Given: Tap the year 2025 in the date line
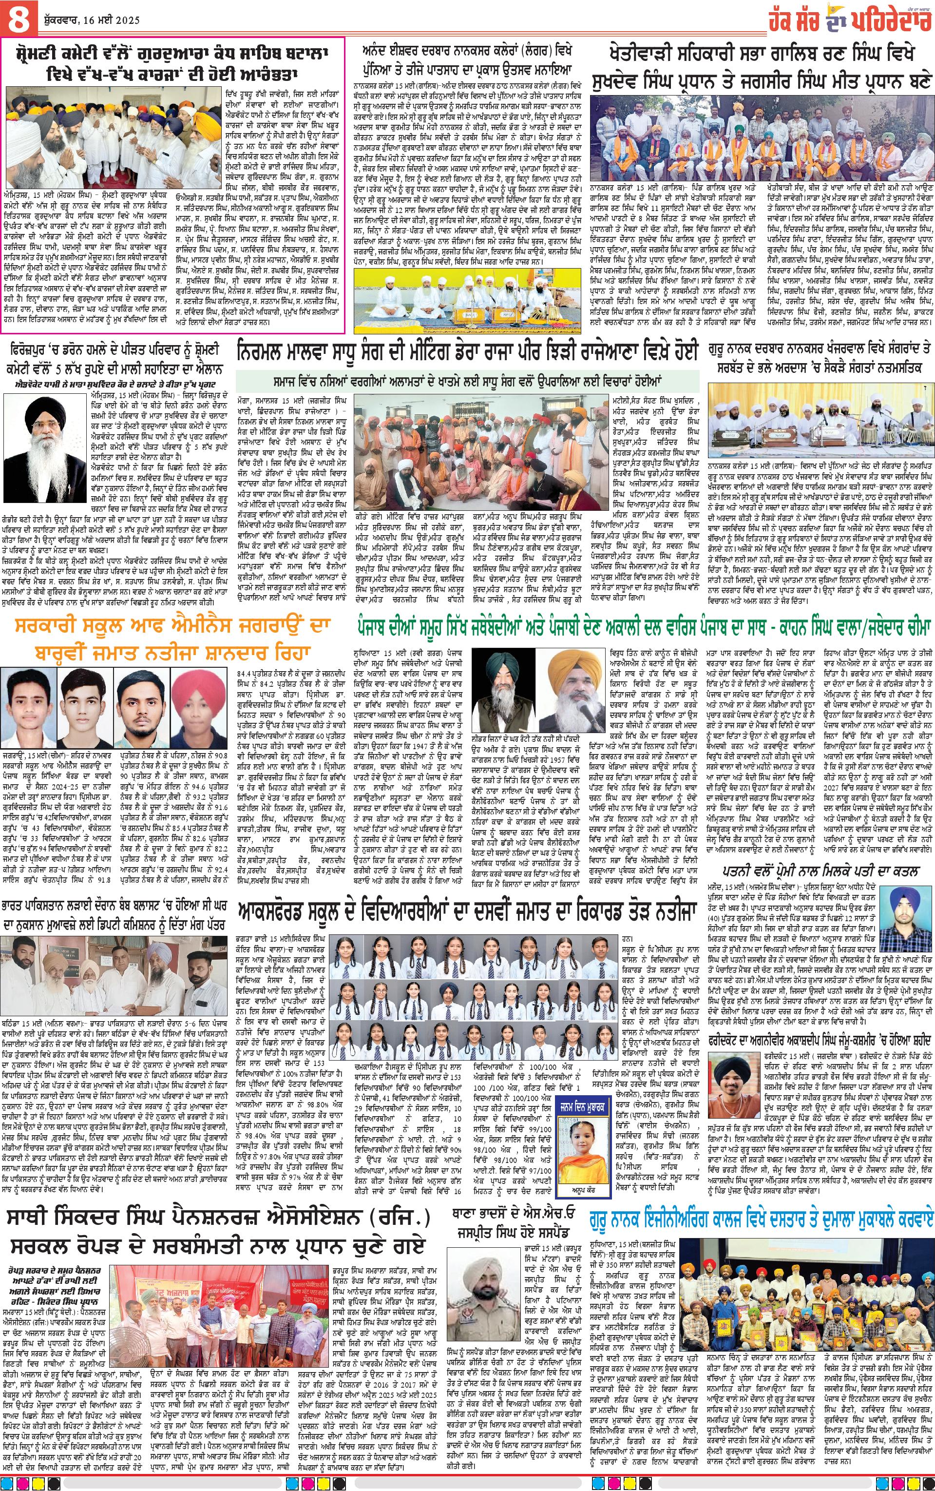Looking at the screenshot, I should [126, 20].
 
